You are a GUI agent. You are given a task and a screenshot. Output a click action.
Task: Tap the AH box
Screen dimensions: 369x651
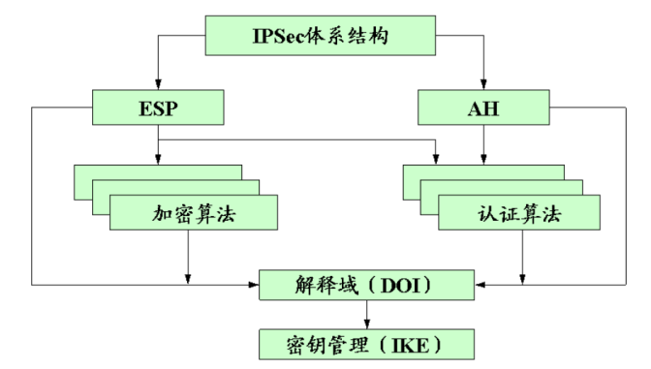[483, 108]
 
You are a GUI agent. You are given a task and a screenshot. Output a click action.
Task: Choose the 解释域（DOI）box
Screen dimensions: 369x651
[366, 285]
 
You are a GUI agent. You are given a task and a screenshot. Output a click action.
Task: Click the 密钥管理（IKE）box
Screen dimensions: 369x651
[366, 342]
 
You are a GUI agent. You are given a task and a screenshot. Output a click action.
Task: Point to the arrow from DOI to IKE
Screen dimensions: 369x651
[366, 314]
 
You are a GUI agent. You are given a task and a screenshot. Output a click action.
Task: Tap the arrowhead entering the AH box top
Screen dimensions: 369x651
[482, 85]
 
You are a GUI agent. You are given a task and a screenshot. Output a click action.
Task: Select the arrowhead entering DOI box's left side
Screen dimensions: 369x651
[255, 285]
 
